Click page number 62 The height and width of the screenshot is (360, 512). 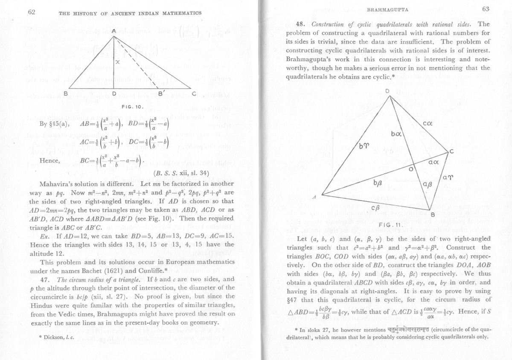coord(31,12)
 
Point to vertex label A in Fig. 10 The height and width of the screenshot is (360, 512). coord(114,31)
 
